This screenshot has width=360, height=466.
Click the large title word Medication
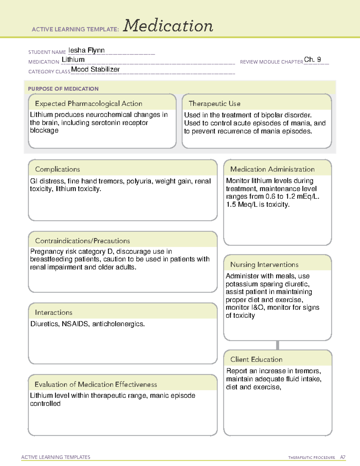coord(168,26)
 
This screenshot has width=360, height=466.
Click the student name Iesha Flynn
coord(86,50)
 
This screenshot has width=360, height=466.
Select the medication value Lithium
coord(73,60)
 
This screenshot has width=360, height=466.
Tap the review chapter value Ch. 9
coord(312,59)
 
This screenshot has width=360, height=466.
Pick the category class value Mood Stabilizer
coord(95,69)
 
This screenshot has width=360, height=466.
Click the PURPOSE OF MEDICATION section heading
coord(63,89)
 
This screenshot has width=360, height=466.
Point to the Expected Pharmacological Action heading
coord(88,104)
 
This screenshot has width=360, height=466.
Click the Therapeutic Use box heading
coord(214,104)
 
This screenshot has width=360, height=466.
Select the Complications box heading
coord(57,169)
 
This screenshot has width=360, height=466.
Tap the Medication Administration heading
coord(272,169)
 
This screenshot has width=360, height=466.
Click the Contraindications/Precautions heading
coord(82,241)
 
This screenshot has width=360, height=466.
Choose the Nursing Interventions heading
coord(264,264)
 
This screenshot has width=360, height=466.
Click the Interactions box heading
coord(53,312)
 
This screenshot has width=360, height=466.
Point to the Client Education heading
coord(256,359)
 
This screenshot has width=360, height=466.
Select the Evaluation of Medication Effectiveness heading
coord(96,384)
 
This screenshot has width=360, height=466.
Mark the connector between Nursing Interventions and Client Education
coord(277,345)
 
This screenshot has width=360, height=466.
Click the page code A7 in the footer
coord(342,457)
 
